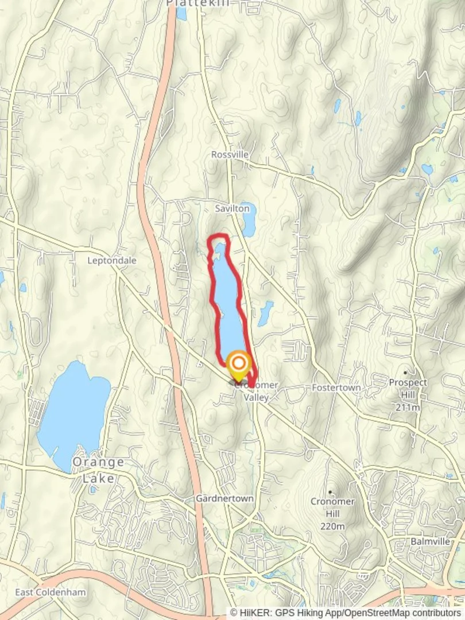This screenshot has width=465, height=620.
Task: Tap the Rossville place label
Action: point(230,154)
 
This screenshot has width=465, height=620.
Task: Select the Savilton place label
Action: point(232,208)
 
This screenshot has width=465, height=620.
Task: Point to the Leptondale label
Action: point(112,260)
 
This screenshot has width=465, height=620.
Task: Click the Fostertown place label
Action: point(336,387)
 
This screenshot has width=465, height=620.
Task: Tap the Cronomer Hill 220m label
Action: point(332,513)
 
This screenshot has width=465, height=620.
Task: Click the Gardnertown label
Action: point(224,498)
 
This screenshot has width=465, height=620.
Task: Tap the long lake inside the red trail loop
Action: point(227,299)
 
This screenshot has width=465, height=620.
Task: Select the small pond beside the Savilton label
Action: point(249,220)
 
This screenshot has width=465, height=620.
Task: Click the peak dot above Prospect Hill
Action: point(406,373)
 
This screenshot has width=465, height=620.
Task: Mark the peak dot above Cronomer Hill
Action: point(331,492)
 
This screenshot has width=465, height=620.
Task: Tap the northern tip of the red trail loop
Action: point(218,236)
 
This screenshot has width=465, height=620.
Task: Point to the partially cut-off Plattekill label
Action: point(197,3)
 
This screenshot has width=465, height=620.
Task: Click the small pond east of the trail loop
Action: point(265,313)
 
